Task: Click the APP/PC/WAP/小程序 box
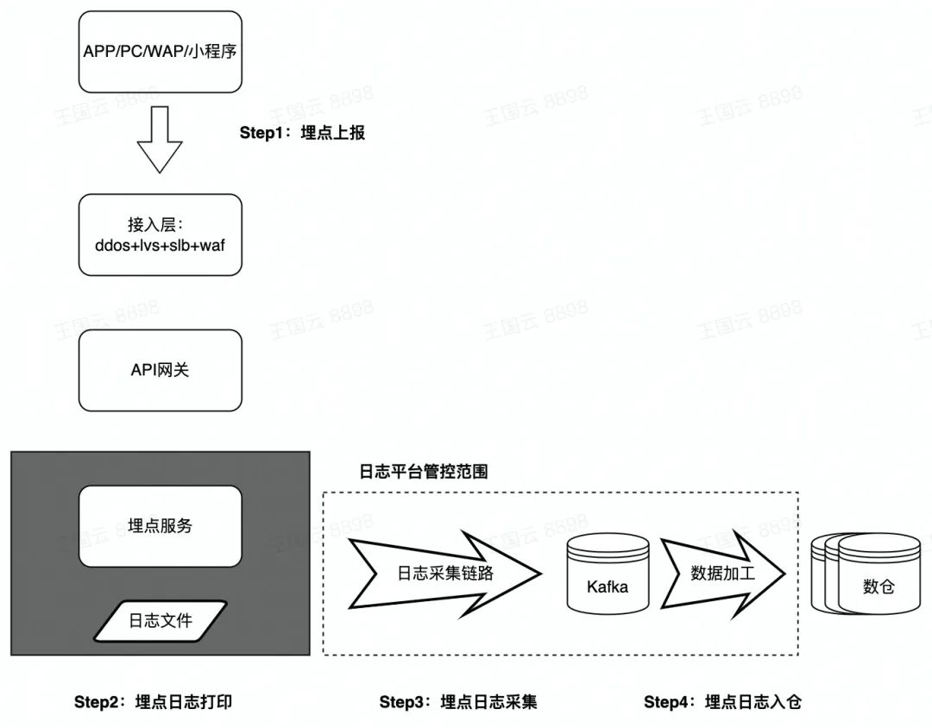(x=160, y=52)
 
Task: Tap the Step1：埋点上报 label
(x=302, y=133)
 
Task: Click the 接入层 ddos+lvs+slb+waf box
(x=160, y=235)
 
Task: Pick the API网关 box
(x=160, y=370)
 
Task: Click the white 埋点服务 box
(x=160, y=526)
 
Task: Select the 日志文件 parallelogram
(x=160, y=620)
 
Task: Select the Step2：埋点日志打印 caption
(x=153, y=702)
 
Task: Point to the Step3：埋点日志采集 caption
(x=457, y=702)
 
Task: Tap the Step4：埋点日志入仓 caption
(x=722, y=702)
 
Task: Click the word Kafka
(x=608, y=587)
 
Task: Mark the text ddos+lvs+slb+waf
(x=160, y=245)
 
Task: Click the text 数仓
(x=878, y=587)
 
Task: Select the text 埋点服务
(x=160, y=526)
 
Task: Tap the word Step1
(x=262, y=133)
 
